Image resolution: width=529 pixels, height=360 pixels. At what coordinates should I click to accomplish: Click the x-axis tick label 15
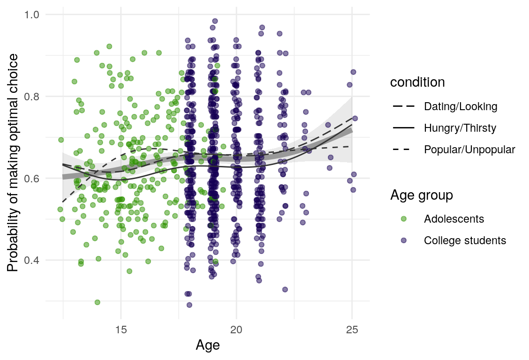pyautogui.click(x=121, y=329)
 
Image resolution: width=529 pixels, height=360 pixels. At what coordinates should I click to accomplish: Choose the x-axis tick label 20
pyautogui.click(x=236, y=329)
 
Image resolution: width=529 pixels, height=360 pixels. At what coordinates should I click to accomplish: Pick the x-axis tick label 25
pyautogui.click(x=352, y=329)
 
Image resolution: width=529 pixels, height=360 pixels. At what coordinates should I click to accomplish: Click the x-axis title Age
pyautogui.click(x=208, y=346)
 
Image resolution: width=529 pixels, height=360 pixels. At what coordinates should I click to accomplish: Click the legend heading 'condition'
pyautogui.click(x=417, y=82)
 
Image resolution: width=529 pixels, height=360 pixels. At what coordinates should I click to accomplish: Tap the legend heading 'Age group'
pyautogui.click(x=422, y=195)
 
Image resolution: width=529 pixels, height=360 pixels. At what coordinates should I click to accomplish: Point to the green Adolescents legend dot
pyautogui.click(x=403, y=219)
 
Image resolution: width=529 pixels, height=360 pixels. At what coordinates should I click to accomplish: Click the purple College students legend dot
pyautogui.click(x=403, y=240)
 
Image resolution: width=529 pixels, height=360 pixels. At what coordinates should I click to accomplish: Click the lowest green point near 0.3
pyautogui.click(x=97, y=302)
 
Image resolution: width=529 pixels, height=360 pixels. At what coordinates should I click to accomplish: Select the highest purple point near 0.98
pyautogui.click(x=215, y=21)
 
